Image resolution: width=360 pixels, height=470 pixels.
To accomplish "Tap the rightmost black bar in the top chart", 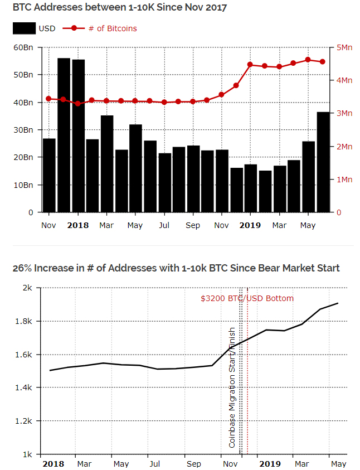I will tap(323, 162).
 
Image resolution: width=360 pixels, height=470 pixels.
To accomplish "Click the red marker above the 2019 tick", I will tap(250, 65).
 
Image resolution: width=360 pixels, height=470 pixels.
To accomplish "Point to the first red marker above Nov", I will tap(48, 99).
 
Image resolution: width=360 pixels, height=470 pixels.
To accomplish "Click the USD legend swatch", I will tap(24, 28).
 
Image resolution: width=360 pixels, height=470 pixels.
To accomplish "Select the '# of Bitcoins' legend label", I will tap(113, 28).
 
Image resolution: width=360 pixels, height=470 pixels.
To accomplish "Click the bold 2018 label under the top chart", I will tap(77, 225).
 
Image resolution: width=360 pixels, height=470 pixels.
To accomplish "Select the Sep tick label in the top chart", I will tap(193, 225).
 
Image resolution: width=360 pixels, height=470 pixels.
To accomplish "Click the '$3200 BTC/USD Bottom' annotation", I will tap(247, 298).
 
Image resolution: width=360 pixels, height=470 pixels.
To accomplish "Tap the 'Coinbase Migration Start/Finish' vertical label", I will tap(232, 387).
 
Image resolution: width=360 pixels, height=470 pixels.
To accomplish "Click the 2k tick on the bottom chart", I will tap(28, 288).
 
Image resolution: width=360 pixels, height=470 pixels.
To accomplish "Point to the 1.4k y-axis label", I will tap(25, 387).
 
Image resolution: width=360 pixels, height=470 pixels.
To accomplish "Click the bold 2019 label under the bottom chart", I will tap(270, 464).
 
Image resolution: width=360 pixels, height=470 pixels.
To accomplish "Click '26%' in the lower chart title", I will tap(22, 268).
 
